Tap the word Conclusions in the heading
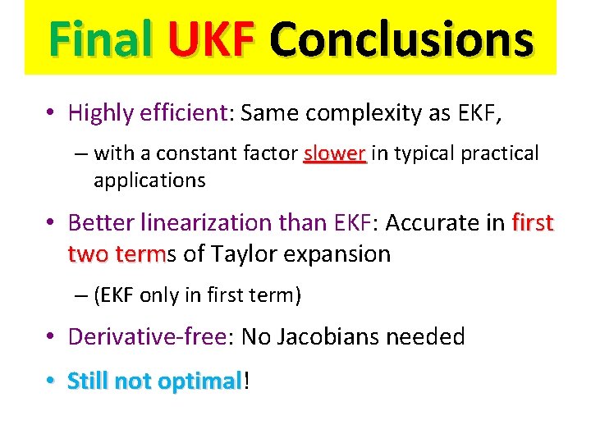(401, 38)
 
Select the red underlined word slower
(335, 153)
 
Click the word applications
(149, 180)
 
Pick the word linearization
(212, 222)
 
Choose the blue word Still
(89, 381)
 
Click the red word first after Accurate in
(533, 222)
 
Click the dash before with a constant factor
(78, 153)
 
